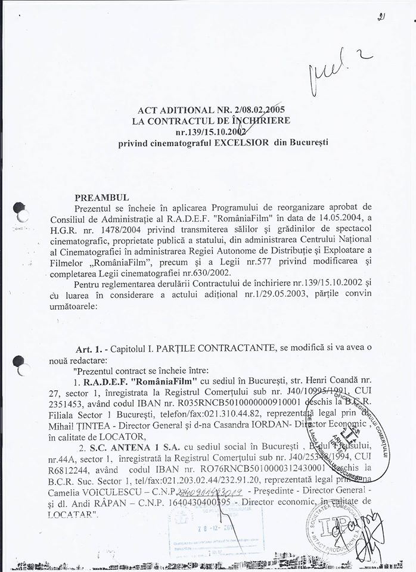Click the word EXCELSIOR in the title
pyautogui.click(x=233, y=143)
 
